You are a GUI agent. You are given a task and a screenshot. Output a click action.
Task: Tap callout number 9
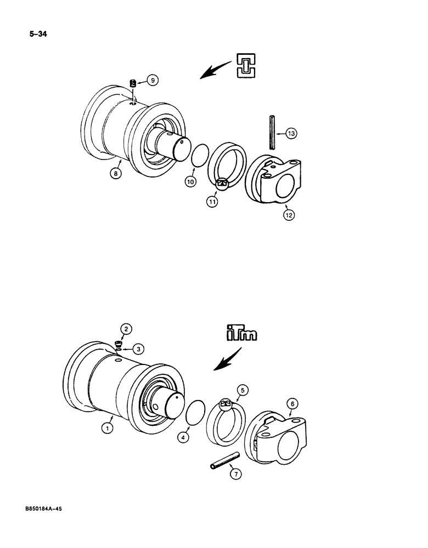153,80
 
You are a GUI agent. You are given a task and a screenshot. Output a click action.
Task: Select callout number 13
291,133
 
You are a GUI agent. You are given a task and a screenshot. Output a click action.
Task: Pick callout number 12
289,214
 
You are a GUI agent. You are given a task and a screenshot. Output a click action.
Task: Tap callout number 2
126,329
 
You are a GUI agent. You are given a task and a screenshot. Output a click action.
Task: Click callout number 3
139,349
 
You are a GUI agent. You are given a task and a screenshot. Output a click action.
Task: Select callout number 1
108,427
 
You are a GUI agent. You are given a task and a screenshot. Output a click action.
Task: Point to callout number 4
183,437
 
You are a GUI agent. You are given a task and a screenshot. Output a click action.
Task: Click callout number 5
244,391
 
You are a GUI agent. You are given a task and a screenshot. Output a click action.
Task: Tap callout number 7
235,475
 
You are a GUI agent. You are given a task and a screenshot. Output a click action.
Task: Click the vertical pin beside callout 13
273,132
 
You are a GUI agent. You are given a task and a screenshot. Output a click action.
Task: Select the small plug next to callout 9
133,84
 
